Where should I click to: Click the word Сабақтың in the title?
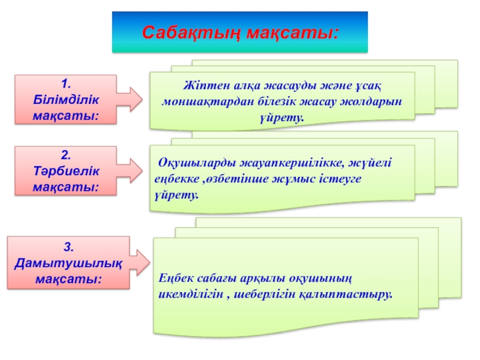pos(187,32)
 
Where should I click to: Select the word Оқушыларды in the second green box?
pos(191,163)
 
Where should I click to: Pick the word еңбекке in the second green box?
pos(175,179)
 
